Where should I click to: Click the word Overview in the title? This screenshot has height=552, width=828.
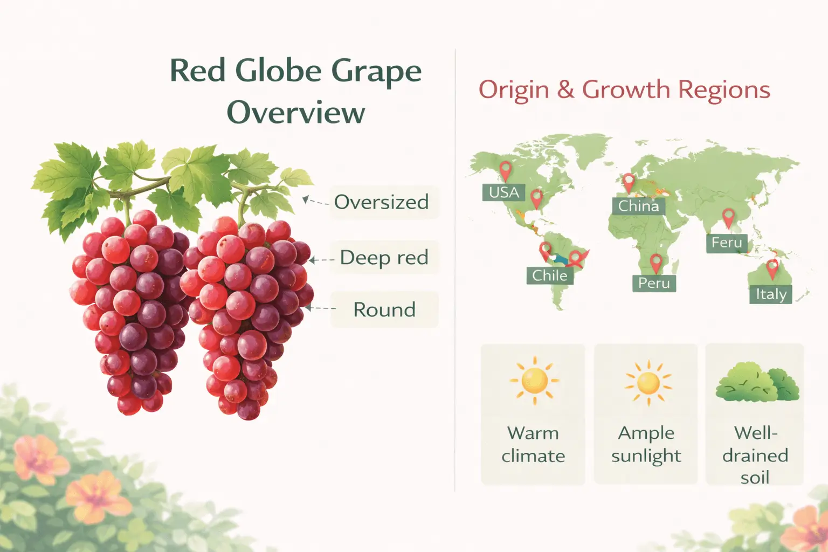(295, 113)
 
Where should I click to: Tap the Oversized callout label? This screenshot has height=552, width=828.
(381, 202)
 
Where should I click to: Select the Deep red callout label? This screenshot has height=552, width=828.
(384, 258)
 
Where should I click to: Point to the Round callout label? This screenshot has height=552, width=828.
(384, 310)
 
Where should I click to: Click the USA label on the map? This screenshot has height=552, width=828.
(503, 192)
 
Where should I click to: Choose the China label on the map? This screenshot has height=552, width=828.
(638, 206)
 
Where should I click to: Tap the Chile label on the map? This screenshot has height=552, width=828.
(549, 275)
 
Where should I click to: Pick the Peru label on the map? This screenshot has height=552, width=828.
(653, 283)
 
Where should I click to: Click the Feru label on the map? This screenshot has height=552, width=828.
(727, 243)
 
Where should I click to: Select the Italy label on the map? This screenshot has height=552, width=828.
(771, 294)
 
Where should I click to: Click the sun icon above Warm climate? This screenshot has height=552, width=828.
(534, 380)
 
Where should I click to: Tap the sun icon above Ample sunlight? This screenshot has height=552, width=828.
(648, 383)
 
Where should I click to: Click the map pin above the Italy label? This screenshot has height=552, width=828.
(772, 268)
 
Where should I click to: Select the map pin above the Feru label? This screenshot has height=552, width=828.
(728, 218)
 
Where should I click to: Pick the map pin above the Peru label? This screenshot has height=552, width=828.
(655, 263)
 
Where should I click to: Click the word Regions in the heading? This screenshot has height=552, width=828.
(724, 89)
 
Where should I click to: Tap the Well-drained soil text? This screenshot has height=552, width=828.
(755, 455)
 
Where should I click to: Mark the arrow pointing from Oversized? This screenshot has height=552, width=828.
(314, 202)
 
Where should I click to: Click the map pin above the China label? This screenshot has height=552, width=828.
(628, 182)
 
